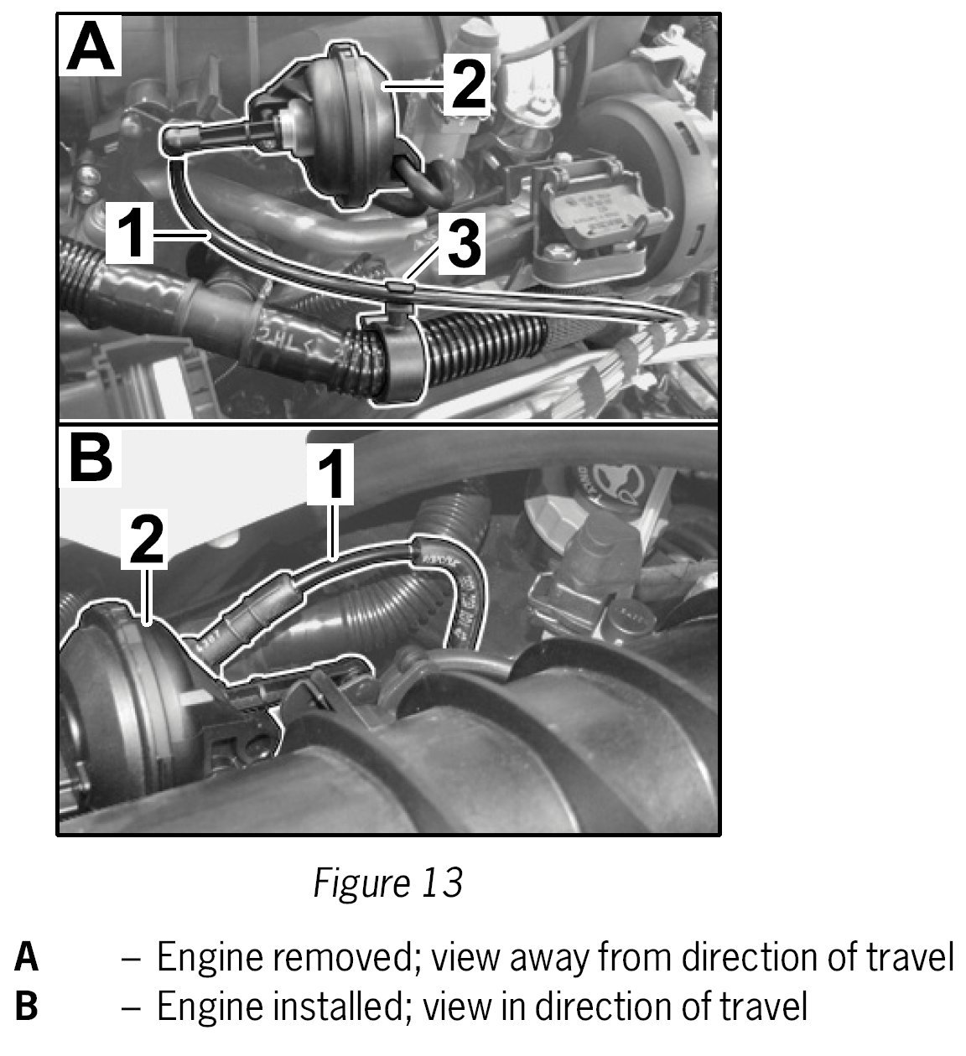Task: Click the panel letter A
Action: click(x=90, y=48)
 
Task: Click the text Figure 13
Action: click(x=387, y=882)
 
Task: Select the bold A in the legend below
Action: click(x=26, y=957)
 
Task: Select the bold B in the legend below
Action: click(x=26, y=1006)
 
